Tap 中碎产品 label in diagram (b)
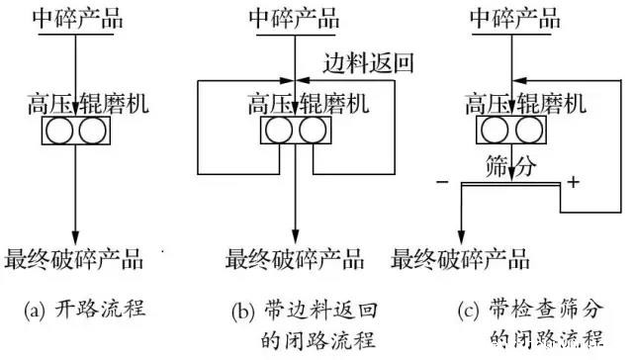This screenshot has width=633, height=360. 294,19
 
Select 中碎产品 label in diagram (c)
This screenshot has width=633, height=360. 512,19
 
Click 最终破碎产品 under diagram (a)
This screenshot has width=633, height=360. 75,260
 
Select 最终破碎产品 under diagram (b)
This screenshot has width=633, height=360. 294,260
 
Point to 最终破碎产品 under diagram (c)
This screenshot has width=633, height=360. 461,260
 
